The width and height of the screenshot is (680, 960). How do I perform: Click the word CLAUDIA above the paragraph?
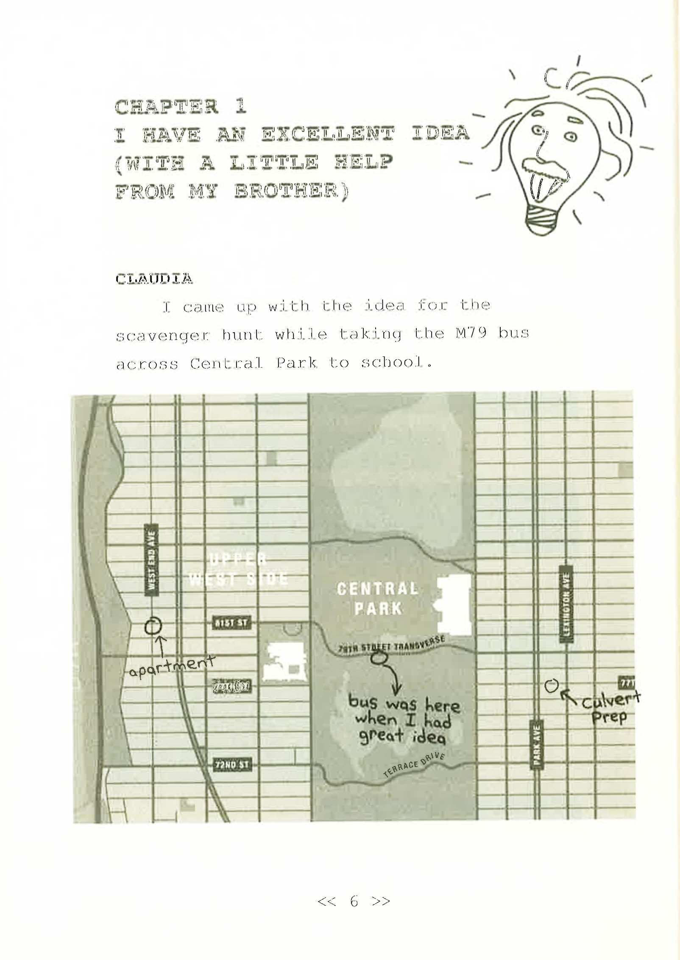pos(154,279)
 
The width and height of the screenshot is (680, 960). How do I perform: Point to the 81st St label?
pos(231,623)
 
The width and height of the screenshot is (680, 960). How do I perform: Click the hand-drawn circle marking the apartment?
pos(153,625)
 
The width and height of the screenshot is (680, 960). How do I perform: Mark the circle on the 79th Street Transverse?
pos(379,658)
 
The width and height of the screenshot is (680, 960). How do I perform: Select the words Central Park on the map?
pos(377,598)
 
